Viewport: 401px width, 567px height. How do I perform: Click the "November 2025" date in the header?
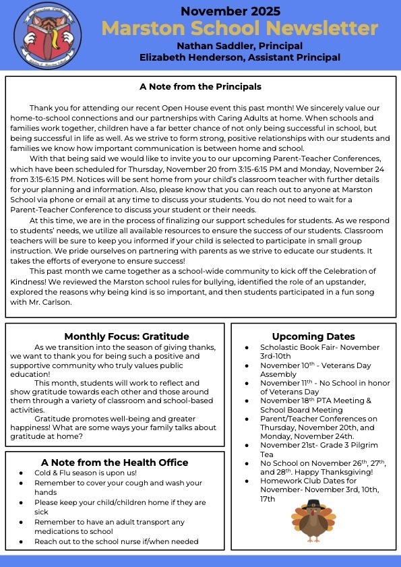pos(230,11)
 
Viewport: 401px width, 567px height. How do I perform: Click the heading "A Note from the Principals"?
pos(200,87)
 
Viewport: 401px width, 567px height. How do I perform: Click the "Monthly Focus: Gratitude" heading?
pos(127,336)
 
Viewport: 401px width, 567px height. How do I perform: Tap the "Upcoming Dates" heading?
pos(313,336)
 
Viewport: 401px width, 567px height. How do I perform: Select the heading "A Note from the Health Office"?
pos(115,462)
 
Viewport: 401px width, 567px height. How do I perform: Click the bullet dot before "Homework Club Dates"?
pos(247,481)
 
